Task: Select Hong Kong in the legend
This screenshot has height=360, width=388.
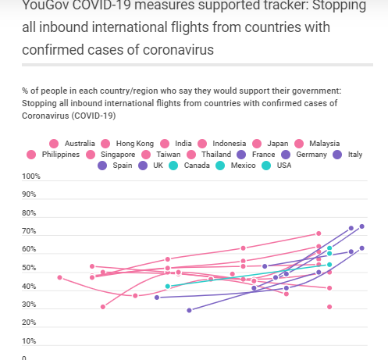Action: [134, 143]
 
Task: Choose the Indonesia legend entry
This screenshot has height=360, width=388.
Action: [229, 143]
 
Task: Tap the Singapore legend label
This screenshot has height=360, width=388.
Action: [117, 155]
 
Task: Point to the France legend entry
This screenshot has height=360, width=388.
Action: [262, 155]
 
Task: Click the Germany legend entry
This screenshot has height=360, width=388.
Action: [311, 155]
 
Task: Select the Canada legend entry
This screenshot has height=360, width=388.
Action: [196, 166]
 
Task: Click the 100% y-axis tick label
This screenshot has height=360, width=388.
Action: [31, 176]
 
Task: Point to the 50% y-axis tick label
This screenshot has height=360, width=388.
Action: [29, 269]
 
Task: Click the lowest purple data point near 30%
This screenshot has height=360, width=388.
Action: [189, 310]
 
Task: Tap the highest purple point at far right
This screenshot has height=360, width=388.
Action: [361, 226]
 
